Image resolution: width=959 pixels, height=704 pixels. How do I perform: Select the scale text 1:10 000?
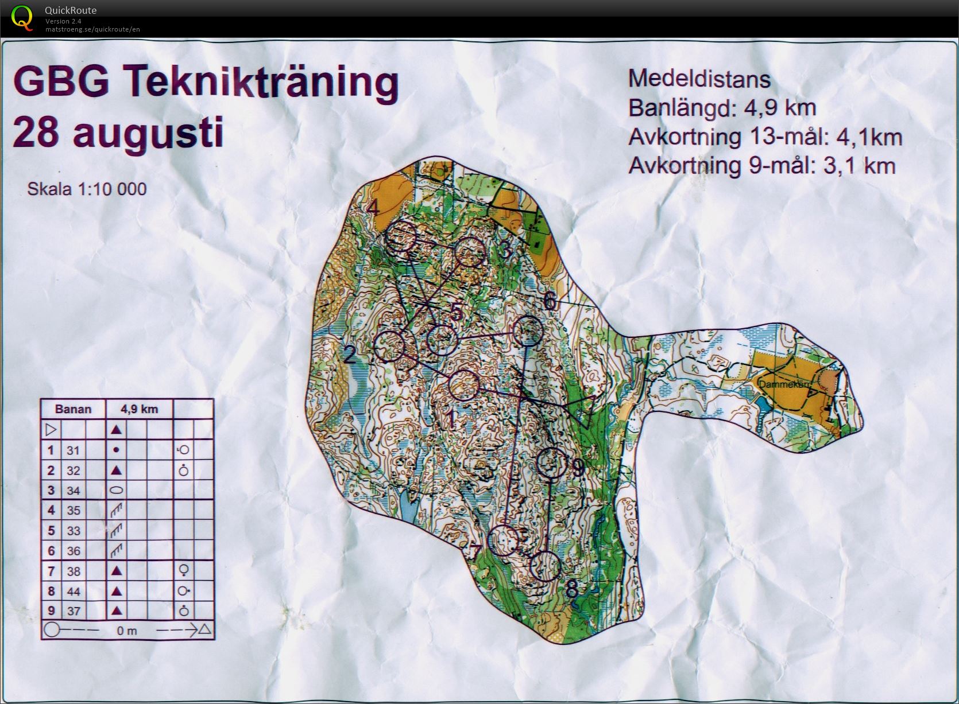coord(111,189)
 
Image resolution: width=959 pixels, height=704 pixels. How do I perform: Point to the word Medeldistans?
coord(699,79)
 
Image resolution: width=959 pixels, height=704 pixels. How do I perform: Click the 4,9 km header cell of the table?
coord(139,409)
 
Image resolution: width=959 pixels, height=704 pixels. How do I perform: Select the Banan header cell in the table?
coord(73,409)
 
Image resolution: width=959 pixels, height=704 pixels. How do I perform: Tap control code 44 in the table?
coord(73,591)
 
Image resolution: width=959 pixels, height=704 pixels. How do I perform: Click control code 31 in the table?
coord(73,450)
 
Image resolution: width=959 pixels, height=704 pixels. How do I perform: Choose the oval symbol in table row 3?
coord(116,491)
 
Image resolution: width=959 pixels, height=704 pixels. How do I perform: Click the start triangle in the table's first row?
coord(51,429)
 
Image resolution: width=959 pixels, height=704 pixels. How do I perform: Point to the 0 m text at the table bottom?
coord(127,631)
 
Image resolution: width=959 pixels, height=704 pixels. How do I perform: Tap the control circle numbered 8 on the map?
coord(545,566)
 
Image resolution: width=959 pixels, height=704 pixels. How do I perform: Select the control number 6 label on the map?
coord(550,301)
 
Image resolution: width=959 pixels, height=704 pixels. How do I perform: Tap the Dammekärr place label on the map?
coord(783,384)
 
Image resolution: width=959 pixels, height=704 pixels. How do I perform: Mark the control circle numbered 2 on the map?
coord(389,347)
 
